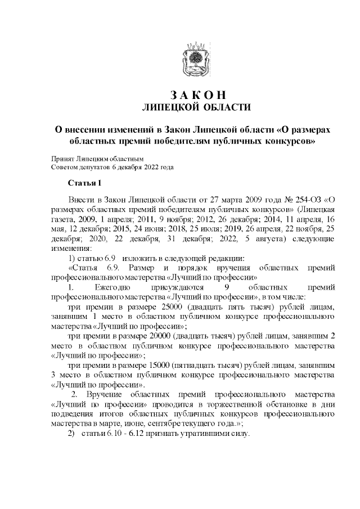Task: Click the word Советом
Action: pyautogui.click(x=64, y=167)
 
